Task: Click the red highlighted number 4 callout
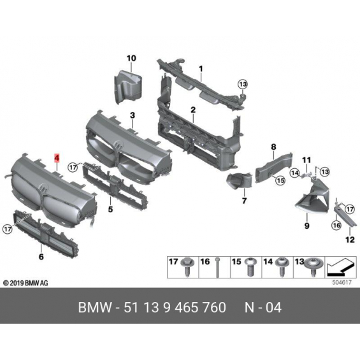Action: tap(57, 158)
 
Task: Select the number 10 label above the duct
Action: tap(131, 59)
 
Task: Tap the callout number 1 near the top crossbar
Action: tap(201, 69)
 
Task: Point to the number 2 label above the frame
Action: tap(193, 110)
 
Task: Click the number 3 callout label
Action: tap(133, 115)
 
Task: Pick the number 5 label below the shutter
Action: tap(110, 210)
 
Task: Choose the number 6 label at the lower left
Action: tap(41, 256)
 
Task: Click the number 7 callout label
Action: tap(244, 201)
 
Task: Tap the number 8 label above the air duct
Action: tap(273, 147)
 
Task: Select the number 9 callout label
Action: tap(306, 226)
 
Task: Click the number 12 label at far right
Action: tap(350, 240)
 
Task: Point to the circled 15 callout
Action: tap(280, 180)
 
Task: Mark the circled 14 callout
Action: tap(294, 173)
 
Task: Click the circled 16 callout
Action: tap(336, 226)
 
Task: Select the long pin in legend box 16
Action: tap(217, 268)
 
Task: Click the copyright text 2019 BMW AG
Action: tap(25, 283)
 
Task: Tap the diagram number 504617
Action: tap(342, 282)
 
